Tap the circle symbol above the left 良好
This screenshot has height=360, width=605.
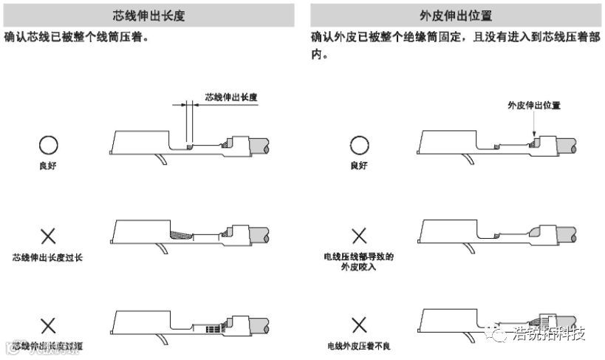tap(48, 146)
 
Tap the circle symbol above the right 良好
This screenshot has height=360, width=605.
tap(359, 146)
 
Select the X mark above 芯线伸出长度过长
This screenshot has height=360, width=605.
tap(48, 237)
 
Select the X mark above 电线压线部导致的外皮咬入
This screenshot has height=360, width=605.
tap(359, 237)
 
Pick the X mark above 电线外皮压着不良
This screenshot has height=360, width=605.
tap(359, 325)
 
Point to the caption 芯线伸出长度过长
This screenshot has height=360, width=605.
tap(48, 258)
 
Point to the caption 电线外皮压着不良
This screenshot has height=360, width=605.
tap(359, 346)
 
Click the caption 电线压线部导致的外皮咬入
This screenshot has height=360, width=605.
tap(359, 262)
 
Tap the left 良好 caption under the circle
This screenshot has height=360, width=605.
tap(48, 166)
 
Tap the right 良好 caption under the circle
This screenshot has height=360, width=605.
tap(359, 166)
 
